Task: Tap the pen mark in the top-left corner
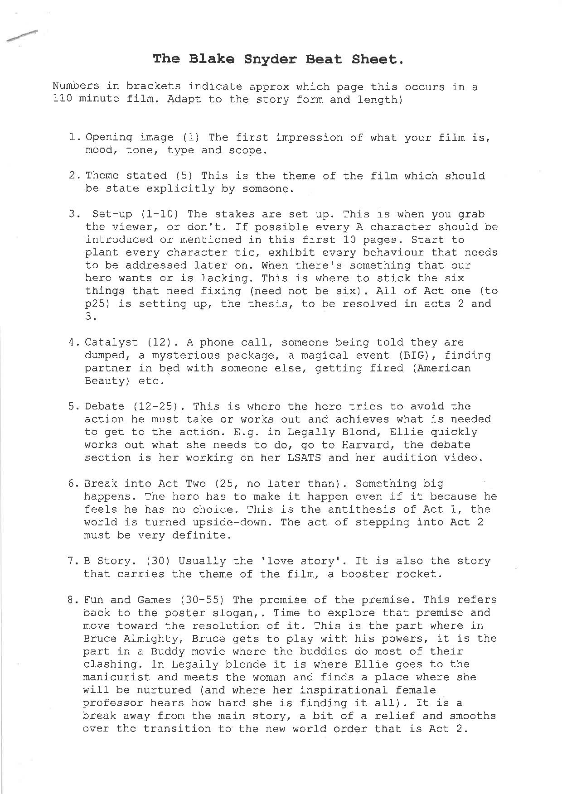(21, 36)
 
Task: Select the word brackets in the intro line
(153, 87)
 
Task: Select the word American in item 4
(444, 368)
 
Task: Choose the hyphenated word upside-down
(233, 522)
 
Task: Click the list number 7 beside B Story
(71, 561)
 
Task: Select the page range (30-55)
(202, 600)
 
